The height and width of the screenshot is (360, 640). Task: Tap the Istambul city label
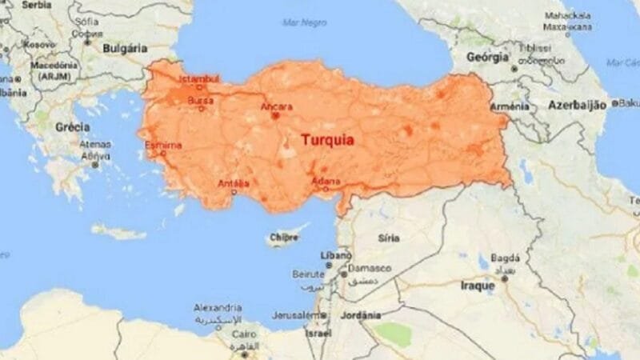[198, 78]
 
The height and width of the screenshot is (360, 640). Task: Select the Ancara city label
[277, 106]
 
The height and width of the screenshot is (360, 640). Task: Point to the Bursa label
[200, 101]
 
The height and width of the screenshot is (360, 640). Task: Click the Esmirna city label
[163, 145]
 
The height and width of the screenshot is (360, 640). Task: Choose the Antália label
[234, 183]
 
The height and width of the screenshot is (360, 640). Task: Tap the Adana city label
[326, 180]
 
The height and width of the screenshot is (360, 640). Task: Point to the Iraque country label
[478, 285]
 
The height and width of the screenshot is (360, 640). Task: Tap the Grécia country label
[72, 127]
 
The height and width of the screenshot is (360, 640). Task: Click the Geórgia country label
[488, 58]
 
